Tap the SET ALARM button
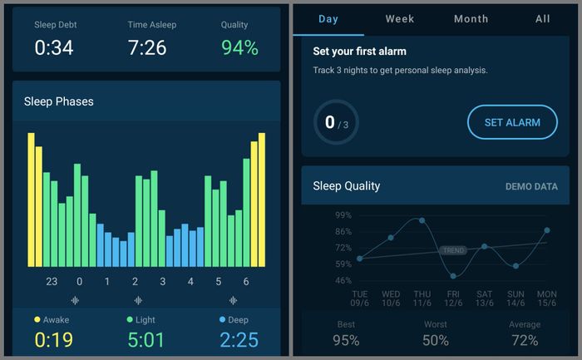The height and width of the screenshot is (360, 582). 512,122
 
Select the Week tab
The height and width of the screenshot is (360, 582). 399,18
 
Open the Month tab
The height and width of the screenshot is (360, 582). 471,18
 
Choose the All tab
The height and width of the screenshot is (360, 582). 543,18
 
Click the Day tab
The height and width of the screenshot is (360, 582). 328,19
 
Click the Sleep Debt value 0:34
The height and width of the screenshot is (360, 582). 54,47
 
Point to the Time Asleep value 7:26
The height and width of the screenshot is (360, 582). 147,47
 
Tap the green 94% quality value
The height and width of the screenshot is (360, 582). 239,47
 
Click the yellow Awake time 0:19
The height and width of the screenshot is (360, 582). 53,339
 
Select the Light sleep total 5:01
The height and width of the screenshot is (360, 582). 145,339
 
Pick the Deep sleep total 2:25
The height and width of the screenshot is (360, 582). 239,339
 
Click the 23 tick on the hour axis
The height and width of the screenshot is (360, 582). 52,282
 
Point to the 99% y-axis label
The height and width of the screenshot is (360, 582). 343,215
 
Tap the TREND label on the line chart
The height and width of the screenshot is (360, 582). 453,250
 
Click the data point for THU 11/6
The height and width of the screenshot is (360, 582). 422,220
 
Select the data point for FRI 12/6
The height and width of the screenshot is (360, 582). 453,276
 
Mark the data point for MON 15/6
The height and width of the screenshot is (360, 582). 547,230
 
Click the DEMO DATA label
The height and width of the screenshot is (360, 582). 531,186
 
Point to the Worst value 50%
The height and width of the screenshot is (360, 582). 436,340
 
